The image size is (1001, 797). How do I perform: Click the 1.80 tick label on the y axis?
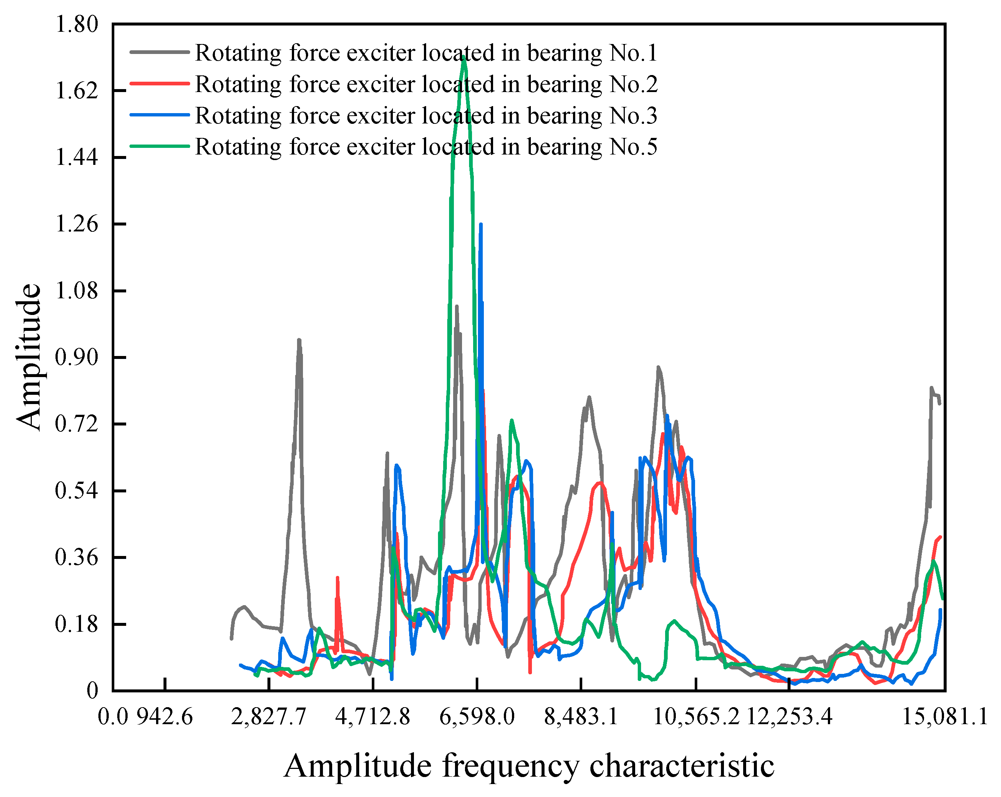(x=77, y=24)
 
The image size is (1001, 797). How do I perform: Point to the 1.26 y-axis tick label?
(x=77, y=224)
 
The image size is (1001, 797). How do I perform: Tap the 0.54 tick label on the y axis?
(x=77, y=490)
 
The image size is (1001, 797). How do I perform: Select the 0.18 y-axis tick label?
(x=77, y=624)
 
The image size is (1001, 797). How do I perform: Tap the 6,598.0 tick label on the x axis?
(x=477, y=717)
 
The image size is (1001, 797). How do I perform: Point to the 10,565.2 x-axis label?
(x=695, y=717)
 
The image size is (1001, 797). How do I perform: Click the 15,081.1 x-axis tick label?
(x=944, y=717)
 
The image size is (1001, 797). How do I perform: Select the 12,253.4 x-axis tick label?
(x=789, y=717)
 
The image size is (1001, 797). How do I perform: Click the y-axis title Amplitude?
(x=29, y=357)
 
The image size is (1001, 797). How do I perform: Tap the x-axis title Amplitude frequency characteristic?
(x=529, y=766)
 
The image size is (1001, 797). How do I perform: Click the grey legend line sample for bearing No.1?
(x=160, y=52)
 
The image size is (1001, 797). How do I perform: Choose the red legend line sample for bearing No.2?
(x=160, y=84)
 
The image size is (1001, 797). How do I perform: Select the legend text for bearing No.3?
(x=426, y=115)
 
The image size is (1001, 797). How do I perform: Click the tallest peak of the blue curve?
(x=481, y=224)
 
